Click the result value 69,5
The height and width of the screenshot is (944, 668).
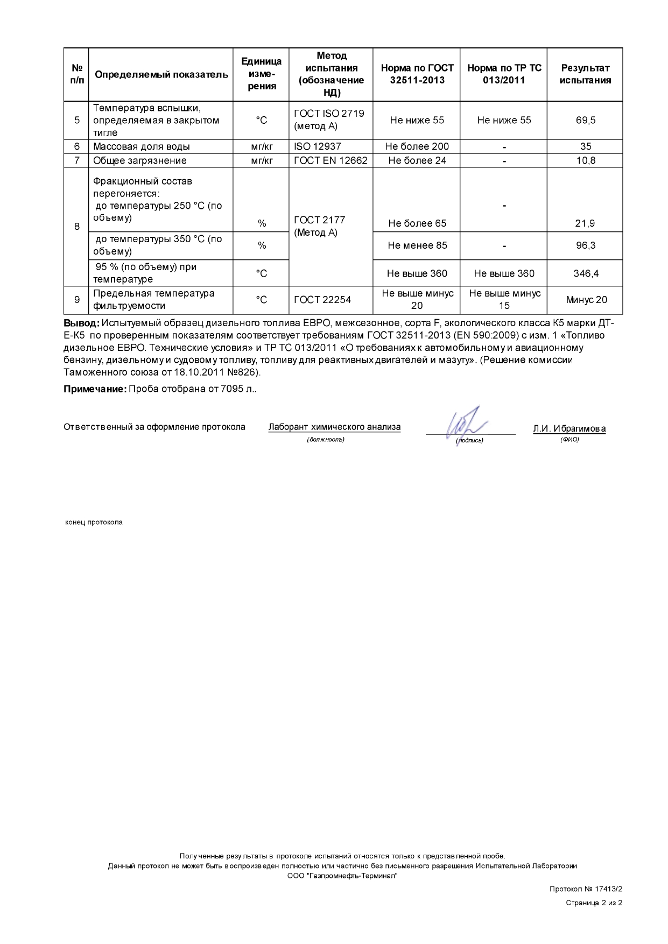(x=585, y=120)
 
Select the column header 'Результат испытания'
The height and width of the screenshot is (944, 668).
(x=585, y=74)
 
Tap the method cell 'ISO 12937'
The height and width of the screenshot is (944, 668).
(x=318, y=146)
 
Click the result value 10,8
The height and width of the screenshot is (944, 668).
(x=585, y=160)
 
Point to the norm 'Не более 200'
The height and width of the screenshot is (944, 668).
(x=417, y=146)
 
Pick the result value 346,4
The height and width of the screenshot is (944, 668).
(x=586, y=273)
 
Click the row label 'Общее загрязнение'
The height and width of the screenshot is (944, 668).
(x=140, y=160)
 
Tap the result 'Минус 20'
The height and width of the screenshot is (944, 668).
(x=586, y=300)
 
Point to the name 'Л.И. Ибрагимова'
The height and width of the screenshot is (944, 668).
(x=569, y=429)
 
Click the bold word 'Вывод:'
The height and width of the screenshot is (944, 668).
(x=81, y=323)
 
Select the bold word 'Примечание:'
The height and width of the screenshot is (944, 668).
(x=95, y=389)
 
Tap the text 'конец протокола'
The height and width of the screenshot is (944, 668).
(x=94, y=522)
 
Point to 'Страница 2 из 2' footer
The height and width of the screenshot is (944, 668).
(x=594, y=903)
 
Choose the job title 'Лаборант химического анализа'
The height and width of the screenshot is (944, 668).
(x=334, y=427)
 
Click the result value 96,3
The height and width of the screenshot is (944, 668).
(x=585, y=245)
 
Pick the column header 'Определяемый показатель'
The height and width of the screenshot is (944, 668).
(x=161, y=75)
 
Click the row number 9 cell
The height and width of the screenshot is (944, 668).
(x=76, y=300)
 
